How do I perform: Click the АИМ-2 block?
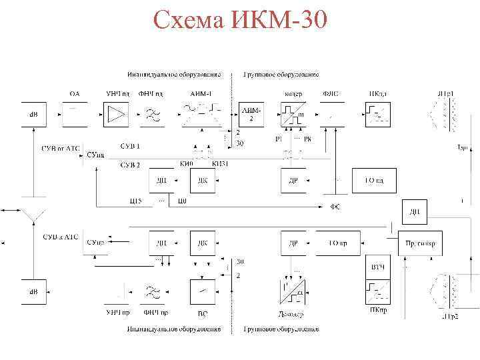(x=249, y=114)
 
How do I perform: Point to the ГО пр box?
(x=339, y=243)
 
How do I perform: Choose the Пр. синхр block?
(x=419, y=243)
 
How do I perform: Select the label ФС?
(x=335, y=207)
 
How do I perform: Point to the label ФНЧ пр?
(x=155, y=311)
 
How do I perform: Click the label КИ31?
(x=220, y=164)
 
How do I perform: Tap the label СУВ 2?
(x=130, y=165)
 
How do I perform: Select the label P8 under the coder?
(x=307, y=139)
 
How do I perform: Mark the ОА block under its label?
(x=75, y=114)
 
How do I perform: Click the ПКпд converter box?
(x=377, y=114)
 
